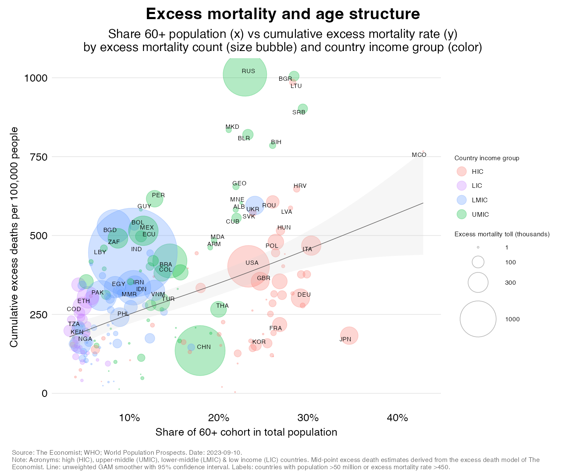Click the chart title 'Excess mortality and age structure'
coord(283,14)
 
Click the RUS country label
coord(248,71)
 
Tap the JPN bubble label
coord(345,339)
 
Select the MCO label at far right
coord(419,155)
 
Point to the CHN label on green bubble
coord(204,347)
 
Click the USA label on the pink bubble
coord(252,263)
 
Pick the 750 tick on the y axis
coord(39,157)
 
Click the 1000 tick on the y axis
coord(36,78)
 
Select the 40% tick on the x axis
coord(397,418)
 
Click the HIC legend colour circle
coord(461,172)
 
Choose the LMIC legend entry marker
coord(461,200)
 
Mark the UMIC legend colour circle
coord(461,215)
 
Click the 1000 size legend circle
coord(478,319)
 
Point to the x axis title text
coord(246,432)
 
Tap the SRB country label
coord(299,113)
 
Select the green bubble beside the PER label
coord(154,198)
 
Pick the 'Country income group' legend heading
coord(486,158)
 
